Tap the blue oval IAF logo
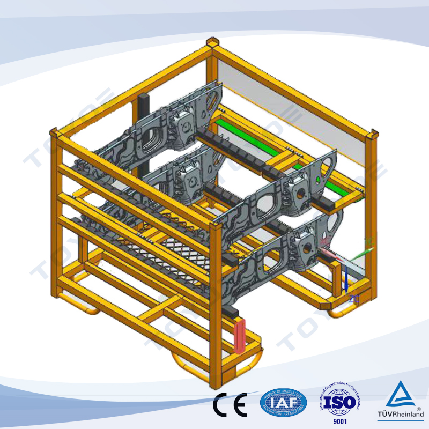[x=284, y=403]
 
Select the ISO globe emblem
[x=340, y=402]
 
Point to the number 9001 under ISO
[x=340, y=421]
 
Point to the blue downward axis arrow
[x=347, y=278]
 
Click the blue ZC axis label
[x=353, y=299]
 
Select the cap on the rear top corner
[x=213, y=42]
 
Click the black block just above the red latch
[x=232, y=311]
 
